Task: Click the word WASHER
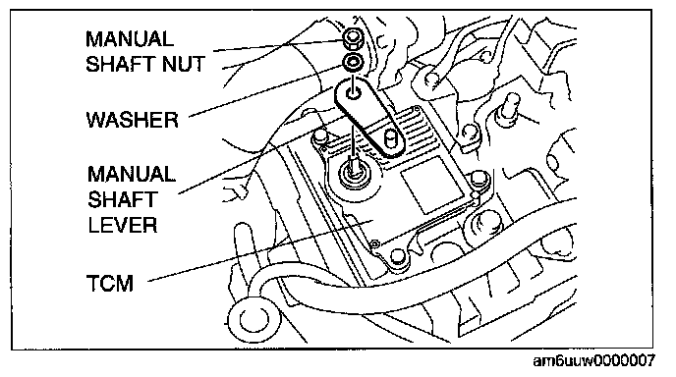[133, 120]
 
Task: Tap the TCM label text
[110, 284]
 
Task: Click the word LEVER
[123, 225]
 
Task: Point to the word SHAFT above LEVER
[122, 199]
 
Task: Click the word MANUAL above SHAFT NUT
[130, 39]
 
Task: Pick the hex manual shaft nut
[353, 38]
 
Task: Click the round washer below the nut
[353, 62]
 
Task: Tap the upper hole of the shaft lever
[354, 93]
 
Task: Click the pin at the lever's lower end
[391, 138]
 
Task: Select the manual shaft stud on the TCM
[354, 166]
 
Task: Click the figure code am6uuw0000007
[594, 360]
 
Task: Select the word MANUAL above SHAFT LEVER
[132, 175]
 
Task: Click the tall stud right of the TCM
[508, 110]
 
